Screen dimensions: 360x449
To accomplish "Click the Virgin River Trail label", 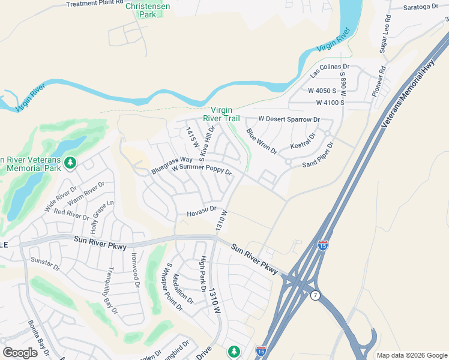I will pyautogui.click(x=225, y=114).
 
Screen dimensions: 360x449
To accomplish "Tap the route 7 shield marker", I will pyautogui.click(x=316, y=295).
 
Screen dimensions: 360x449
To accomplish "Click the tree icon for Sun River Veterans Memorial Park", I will pyautogui.click(x=70, y=163).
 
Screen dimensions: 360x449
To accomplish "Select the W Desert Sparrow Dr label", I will pyautogui.click(x=289, y=119).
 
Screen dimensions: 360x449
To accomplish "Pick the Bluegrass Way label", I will pyautogui.click(x=172, y=166).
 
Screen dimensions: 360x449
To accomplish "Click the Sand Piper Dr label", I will pyautogui.click(x=318, y=155).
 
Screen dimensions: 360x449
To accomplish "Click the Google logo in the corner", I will pyautogui.click(x=20, y=353).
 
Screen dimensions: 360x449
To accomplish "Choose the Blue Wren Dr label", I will pyautogui.click(x=262, y=142).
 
